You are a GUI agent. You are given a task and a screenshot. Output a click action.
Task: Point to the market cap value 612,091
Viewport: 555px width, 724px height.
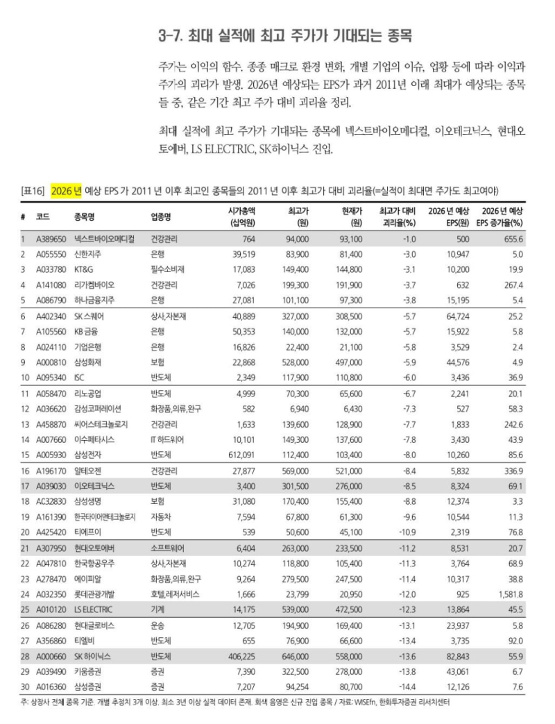[240, 454]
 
